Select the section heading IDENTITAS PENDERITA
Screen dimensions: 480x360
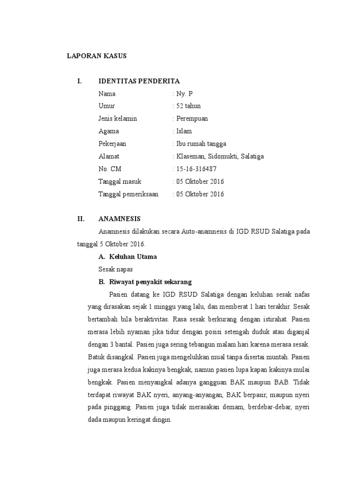tap(139, 81)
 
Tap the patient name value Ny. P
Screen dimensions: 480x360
tap(184, 94)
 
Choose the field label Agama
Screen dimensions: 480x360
tap(109, 131)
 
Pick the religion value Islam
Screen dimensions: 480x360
tap(184, 131)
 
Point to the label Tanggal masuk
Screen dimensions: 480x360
tap(120, 181)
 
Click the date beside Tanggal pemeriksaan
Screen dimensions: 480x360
tap(200, 194)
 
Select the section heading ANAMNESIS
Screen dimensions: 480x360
tap(119, 219)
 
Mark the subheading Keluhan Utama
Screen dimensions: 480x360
tap(133, 257)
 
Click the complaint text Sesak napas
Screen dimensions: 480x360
tap(115, 270)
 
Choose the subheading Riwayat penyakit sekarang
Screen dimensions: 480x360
tap(150, 282)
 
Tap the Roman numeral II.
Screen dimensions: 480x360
tap(80, 219)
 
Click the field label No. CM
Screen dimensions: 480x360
tap(110, 169)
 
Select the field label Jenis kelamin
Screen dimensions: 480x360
tap(118, 119)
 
